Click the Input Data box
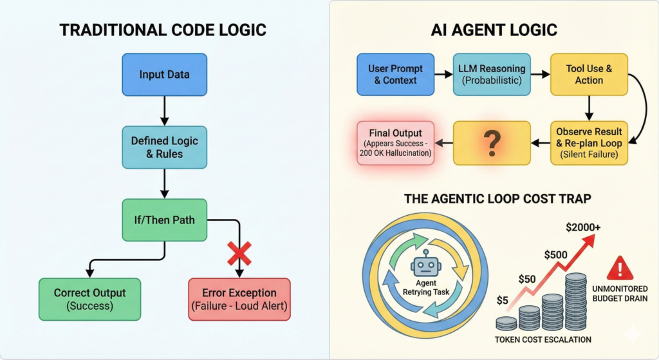tap(164, 74)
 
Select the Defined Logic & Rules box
tap(164, 147)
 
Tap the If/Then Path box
tap(164, 220)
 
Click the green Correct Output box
tap(89, 299)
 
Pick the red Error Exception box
tap(239, 299)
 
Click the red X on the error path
tap(239, 254)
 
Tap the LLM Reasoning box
tap(492, 74)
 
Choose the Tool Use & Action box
tap(588, 74)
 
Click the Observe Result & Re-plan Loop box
tap(588, 142)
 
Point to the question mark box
tap(492, 142)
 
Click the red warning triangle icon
tap(620, 267)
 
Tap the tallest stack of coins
tap(577, 303)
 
